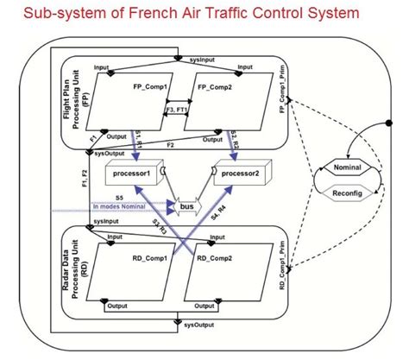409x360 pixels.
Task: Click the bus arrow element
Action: pos(186,207)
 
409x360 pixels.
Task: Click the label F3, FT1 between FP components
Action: pos(175,111)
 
